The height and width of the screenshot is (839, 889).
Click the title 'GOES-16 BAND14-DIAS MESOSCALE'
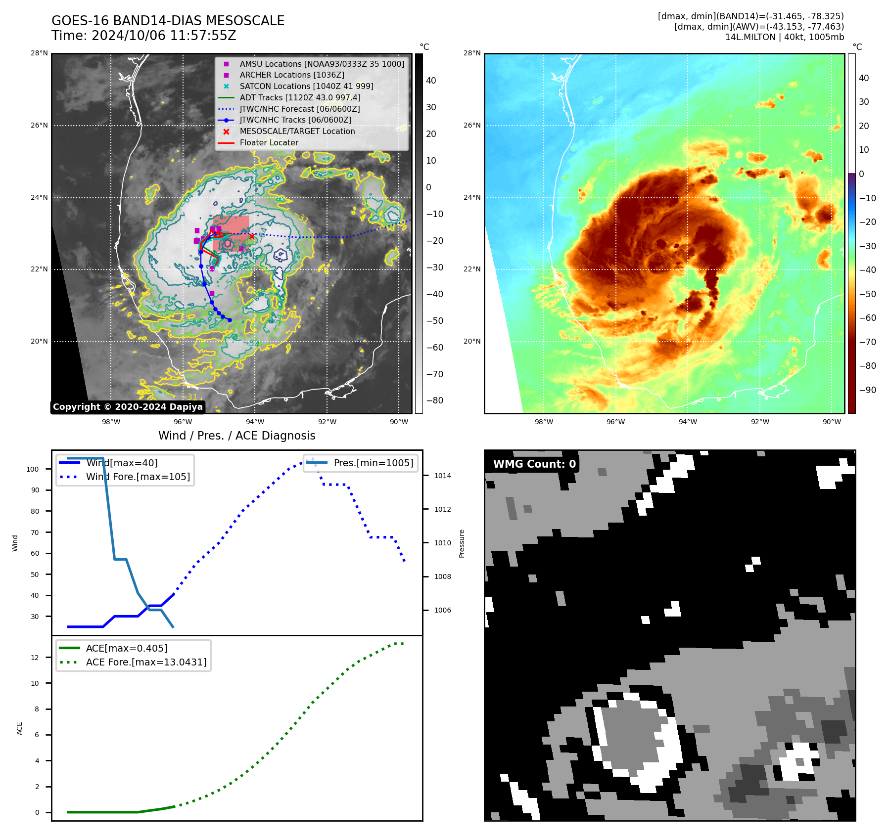click(x=168, y=21)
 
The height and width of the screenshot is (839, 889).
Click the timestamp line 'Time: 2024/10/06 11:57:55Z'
click(x=143, y=36)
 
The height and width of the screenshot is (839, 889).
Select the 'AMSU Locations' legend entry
click(x=322, y=64)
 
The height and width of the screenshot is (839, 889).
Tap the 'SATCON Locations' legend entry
click(x=306, y=86)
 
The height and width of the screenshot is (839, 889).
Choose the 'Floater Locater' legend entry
click(x=269, y=142)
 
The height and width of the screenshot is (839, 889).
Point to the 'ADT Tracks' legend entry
click(x=300, y=97)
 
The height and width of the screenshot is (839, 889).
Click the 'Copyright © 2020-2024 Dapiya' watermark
click(x=128, y=407)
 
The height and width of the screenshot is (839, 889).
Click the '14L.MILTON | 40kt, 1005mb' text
click(x=784, y=37)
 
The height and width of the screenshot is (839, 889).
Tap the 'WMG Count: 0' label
click(x=534, y=464)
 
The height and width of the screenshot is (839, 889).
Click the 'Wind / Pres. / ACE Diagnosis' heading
click(x=236, y=436)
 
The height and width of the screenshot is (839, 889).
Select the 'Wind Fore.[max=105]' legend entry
click(x=138, y=477)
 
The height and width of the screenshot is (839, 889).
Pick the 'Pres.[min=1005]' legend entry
click(x=373, y=463)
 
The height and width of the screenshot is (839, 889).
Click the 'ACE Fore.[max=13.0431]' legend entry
click(x=146, y=662)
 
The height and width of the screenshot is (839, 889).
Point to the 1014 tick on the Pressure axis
click(x=442, y=476)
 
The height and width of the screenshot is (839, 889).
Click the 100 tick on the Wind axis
click(x=33, y=469)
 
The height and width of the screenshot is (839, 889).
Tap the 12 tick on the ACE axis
click(x=35, y=658)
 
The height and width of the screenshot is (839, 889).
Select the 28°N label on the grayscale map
click(x=39, y=53)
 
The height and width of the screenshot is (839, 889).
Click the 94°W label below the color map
click(x=688, y=422)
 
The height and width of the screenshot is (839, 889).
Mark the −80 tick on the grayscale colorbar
click(x=434, y=400)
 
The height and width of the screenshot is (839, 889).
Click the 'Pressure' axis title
click(x=462, y=543)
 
